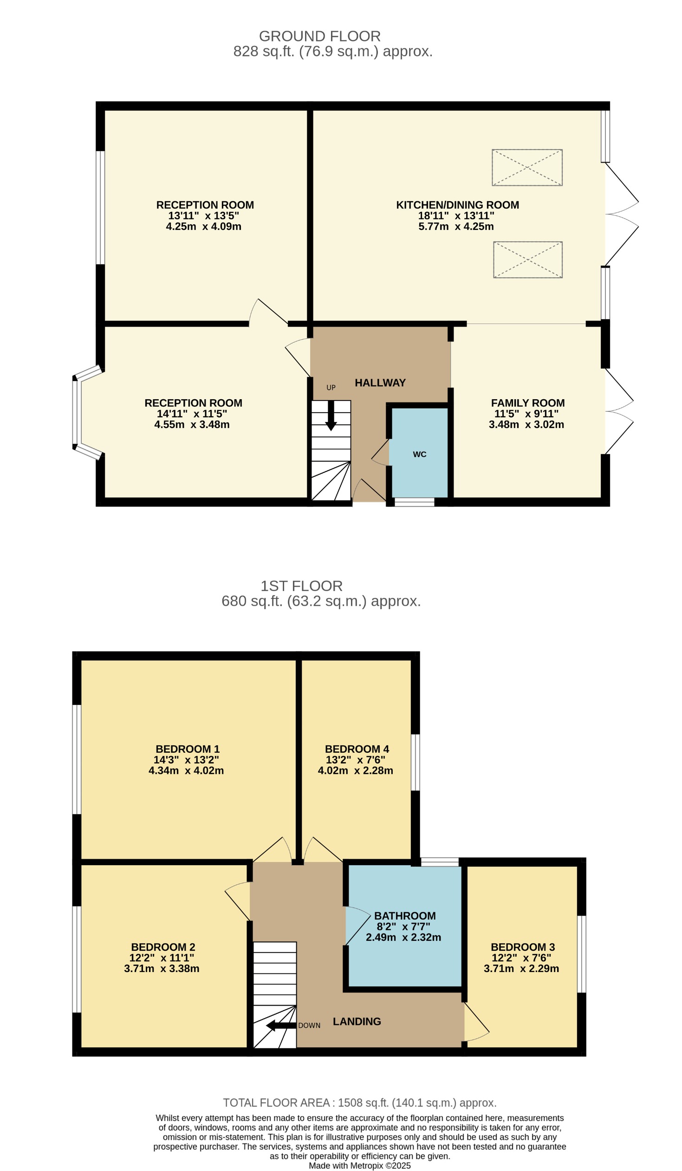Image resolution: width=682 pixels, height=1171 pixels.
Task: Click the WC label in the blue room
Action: tap(419, 454)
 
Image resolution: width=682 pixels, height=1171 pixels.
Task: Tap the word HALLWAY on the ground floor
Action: tap(380, 383)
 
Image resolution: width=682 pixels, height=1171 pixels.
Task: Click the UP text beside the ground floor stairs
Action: tap(331, 388)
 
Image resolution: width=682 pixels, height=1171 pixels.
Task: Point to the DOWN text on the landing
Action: tap(309, 1026)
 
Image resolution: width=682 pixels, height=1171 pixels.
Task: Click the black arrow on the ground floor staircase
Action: tap(331, 416)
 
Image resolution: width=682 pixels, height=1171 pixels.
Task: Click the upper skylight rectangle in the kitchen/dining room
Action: tap(527, 168)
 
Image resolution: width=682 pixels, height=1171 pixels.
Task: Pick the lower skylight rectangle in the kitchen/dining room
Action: tap(527, 260)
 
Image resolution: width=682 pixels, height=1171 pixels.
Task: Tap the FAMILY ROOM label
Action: tap(527, 403)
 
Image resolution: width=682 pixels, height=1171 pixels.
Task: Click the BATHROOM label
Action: tap(404, 916)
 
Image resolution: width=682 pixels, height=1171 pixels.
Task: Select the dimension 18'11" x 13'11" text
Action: tap(456, 216)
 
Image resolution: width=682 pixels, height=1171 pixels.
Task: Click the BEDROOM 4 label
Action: tap(357, 749)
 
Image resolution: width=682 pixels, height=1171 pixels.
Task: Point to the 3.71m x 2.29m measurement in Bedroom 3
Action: tap(521, 968)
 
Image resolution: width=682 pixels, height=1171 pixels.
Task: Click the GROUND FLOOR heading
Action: tap(319, 36)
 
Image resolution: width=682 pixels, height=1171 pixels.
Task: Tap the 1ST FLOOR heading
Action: tap(301, 586)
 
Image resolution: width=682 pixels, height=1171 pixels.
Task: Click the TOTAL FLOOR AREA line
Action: tap(359, 1103)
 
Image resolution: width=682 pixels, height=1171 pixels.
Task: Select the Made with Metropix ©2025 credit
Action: tap(359, 1165)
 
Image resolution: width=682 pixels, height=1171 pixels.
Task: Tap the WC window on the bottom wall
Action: tap(414, 502)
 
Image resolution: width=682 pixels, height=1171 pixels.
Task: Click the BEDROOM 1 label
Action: tap(187, 749)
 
